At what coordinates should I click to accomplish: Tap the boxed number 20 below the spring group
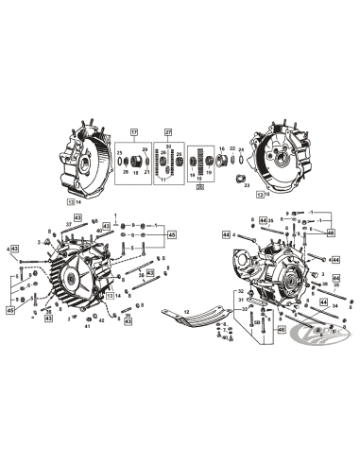coord(199,187)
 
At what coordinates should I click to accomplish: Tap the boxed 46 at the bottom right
coord(281,329)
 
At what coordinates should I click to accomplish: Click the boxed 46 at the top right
coord(331,232)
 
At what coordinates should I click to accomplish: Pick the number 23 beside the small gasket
coord(247,186)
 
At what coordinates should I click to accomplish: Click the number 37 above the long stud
coord(69,224)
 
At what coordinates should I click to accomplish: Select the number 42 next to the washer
coord(101,321)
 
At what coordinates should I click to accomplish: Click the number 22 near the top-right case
coord(231,149)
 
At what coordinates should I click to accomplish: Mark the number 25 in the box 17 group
coord(120,152)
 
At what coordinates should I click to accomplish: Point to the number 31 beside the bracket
coord(242,300)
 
